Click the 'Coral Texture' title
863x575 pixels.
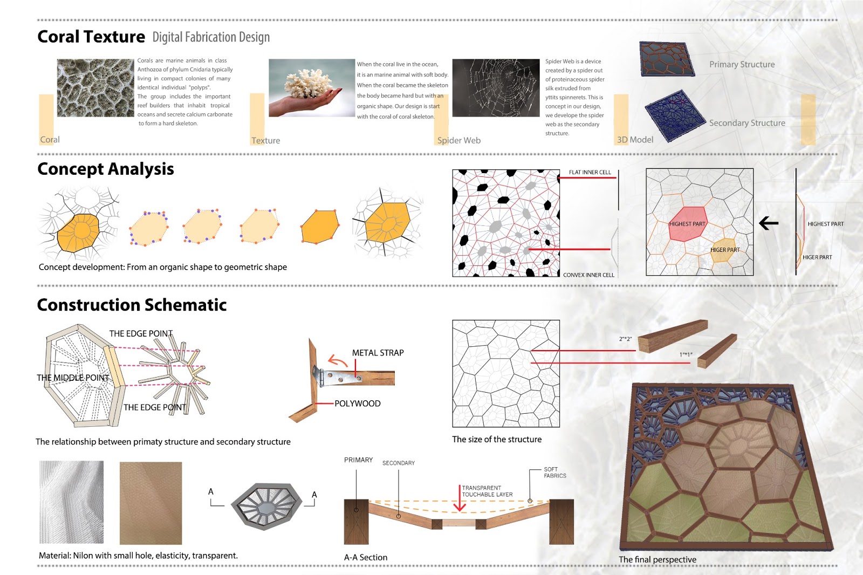point(91,37)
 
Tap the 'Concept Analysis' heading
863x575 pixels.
point(106,169)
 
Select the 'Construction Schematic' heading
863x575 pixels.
point(132,305)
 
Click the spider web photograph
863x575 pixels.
point(496,88)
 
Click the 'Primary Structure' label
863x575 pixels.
point(742,65)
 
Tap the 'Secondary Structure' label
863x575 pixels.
point(747,124)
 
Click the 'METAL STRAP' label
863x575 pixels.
point(378,353)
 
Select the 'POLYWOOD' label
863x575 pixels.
point(357,403)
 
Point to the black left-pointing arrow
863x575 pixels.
point(769,223)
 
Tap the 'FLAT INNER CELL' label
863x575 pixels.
point(590,173)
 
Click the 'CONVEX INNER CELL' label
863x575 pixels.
point(588,275)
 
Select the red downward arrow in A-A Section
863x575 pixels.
point(459,499)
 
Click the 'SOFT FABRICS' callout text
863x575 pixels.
point(554,473)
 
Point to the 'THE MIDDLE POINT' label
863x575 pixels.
point(73,378)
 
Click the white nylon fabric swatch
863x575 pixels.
point(71,502)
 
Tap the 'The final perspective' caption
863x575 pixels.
point(657,560)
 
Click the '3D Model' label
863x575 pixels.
point(635,140)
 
